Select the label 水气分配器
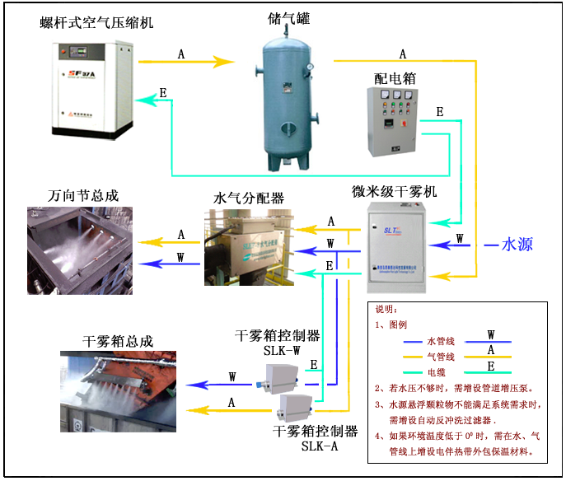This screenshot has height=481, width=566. coord(249,198)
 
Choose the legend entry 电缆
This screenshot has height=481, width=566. coord(441,370)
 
